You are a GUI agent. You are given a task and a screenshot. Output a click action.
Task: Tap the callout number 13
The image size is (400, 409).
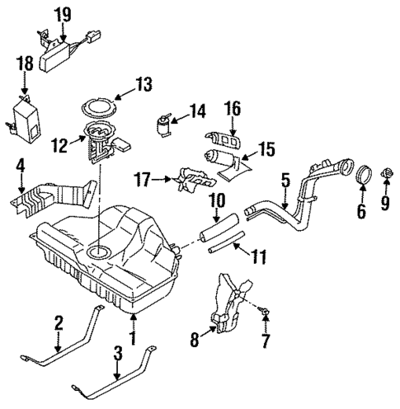coord(145,83)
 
